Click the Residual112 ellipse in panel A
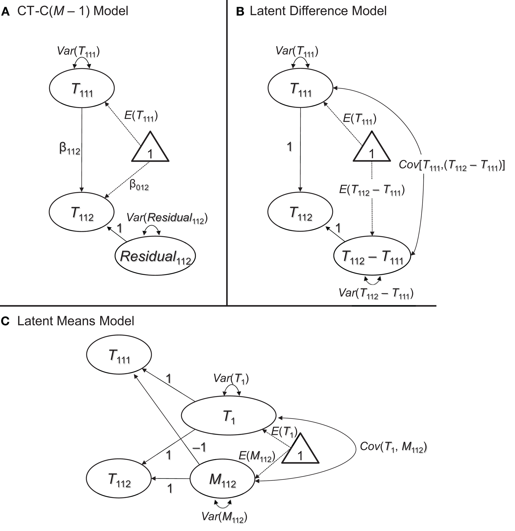[155, 256]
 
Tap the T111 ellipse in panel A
[82, 88]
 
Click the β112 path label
[70, 150]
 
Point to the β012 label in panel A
[139, 186]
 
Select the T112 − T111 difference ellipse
[372, 256]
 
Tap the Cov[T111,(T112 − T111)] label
[451, 165]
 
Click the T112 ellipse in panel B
[300, 212]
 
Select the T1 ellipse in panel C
[228, 416]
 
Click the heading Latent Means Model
[76, 321]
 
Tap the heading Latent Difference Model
[318, 11]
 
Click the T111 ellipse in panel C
[119, 355]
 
